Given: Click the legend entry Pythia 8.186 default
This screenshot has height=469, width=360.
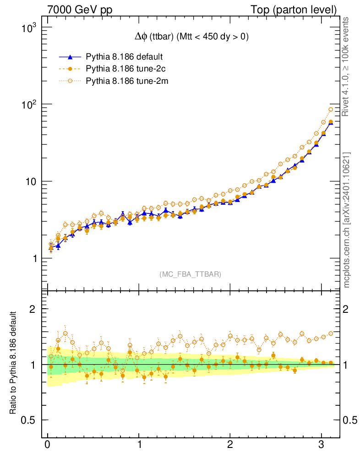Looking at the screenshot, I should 124,57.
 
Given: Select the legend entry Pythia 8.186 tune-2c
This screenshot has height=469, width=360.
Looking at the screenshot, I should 124,69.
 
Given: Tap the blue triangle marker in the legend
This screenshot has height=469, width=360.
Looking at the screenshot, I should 70,57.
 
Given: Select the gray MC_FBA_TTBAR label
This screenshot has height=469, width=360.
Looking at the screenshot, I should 190,274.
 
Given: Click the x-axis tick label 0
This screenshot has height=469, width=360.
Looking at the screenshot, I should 48,444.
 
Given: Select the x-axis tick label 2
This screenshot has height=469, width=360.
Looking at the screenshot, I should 230,444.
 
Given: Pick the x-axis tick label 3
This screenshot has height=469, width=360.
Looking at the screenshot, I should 322,444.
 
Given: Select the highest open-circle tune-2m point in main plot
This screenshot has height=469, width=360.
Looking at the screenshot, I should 331,109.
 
